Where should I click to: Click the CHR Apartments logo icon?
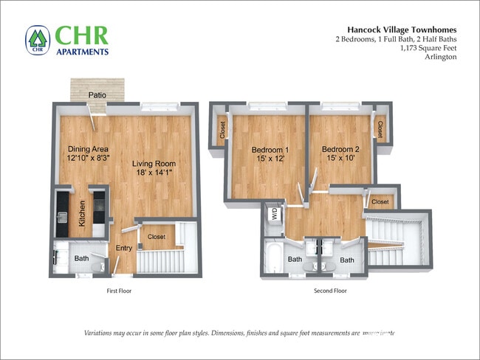click(37, 40)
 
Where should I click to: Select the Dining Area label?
click(88, 148)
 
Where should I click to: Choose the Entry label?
click(123, 248)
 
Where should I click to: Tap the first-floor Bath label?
click(81, 259)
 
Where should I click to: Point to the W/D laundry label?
click(275, 215)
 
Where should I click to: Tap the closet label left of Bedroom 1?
click(222, 130)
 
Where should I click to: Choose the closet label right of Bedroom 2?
click(380, 129)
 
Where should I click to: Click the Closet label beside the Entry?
click(157, 237)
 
